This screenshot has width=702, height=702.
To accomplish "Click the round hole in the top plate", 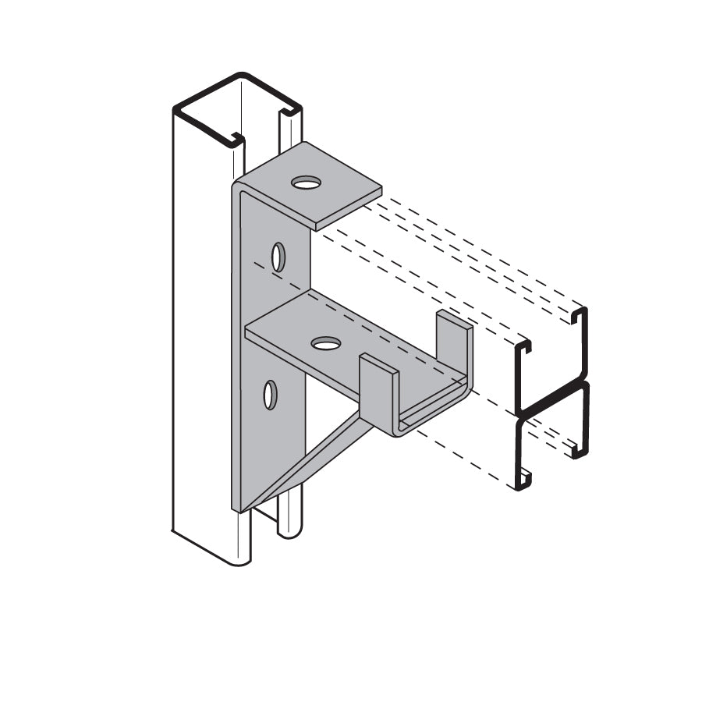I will (x=306, y=183).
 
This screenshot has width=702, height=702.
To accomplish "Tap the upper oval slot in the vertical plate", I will (x=278, y=257).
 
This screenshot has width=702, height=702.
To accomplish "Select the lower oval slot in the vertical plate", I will (x=270, y=395).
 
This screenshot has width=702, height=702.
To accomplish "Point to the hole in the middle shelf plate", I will (x=325, y=342).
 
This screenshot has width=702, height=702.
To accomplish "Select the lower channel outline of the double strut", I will (x=551, y=445).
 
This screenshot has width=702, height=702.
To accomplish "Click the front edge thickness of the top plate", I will (x=348, y=208).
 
